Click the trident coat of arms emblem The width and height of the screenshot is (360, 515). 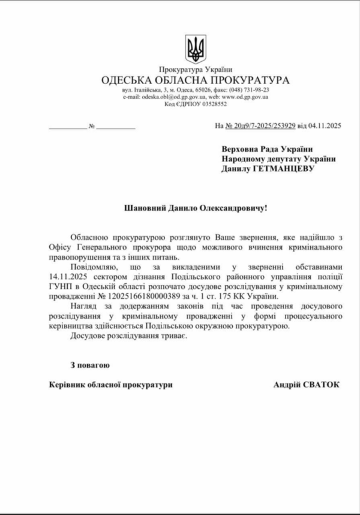click(x=196, y=48)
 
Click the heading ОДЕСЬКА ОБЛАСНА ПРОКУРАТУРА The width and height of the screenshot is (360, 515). click(x=196, y=80)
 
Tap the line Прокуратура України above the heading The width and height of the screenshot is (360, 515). click(x=196, y=70)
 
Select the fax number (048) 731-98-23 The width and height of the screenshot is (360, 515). click(x=250, y=89)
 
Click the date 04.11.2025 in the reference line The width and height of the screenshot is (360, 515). click(x=325, y=126)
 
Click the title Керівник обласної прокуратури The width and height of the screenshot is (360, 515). click(x=110, y=384)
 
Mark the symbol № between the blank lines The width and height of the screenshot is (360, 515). click(x=92, y=127)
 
